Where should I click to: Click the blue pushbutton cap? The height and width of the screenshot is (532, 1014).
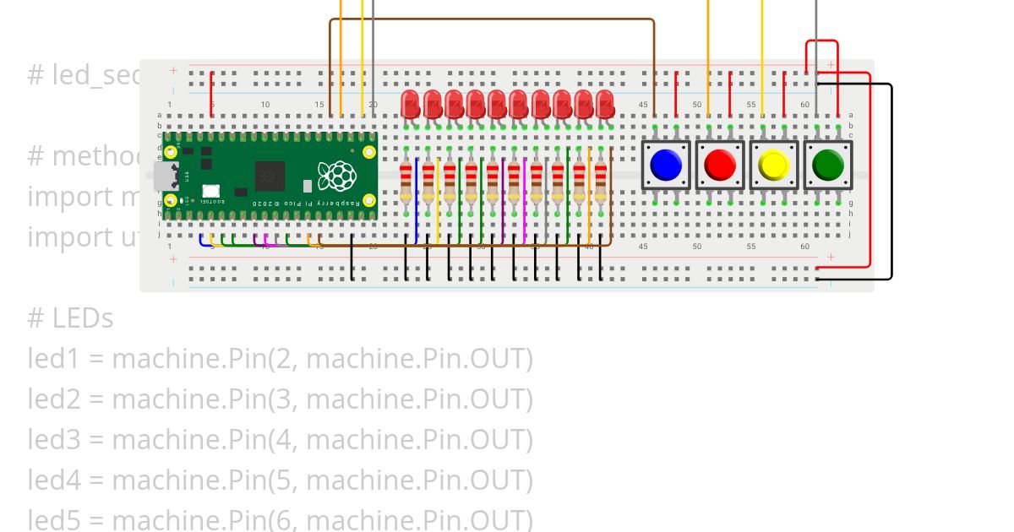(x=667, y=165)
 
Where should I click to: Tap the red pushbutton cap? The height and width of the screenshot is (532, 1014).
(x=720, y=165)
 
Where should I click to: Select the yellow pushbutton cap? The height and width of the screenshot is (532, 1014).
(x=773, y=165)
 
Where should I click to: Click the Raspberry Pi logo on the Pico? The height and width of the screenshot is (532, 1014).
(x=336, y=175)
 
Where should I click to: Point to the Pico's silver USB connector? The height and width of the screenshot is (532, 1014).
(x=157, y=176)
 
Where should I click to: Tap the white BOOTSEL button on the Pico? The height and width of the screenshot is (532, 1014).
(x=210, y=191)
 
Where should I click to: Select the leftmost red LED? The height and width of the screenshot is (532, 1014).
(x=411, y=106)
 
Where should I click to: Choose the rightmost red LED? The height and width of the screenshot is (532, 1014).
(x=605, y=106)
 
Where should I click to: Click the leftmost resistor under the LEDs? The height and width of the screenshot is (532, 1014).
(x=407, y=181)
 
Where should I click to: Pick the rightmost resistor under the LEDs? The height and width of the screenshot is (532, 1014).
(x=600, y=181)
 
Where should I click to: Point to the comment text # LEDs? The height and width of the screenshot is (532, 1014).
(x=70, y=318)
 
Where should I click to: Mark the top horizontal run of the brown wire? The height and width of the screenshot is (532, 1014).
(x=490, y=19)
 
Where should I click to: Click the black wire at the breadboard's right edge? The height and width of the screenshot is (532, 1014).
(x=891, y=182)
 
